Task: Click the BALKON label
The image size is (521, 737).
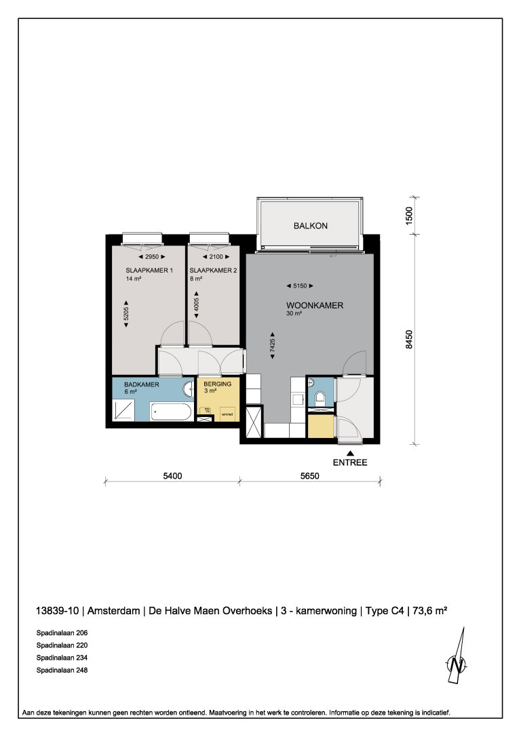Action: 311,226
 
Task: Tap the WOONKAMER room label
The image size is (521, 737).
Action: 315,306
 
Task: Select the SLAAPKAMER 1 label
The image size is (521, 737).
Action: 149,271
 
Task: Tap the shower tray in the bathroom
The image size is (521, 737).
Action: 125,411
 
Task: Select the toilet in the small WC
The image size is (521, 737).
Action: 320,397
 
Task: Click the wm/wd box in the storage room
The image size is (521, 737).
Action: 227,414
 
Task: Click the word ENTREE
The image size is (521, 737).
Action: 350,463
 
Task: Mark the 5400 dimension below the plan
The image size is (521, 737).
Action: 172,476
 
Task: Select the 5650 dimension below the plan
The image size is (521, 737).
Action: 310,476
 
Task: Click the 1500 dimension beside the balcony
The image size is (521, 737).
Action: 408,216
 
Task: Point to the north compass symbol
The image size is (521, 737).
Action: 458,657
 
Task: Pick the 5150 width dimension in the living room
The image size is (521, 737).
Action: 300,285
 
